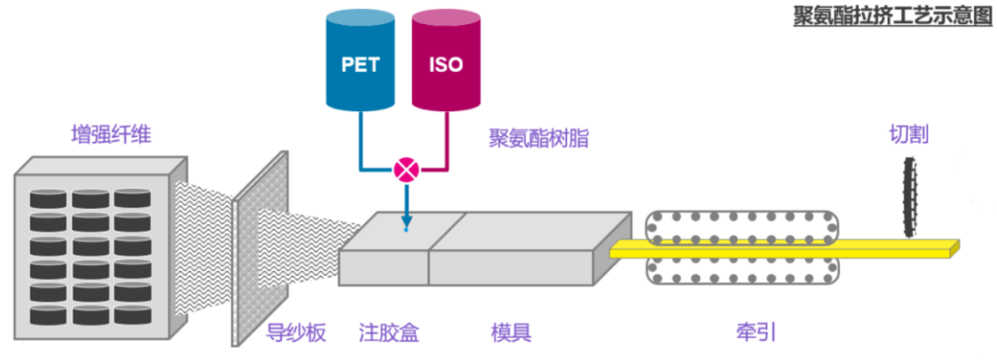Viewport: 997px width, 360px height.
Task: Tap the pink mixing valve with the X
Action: click(x=406, y=170)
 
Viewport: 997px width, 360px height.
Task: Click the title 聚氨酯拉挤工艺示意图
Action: click(x=892, y=16)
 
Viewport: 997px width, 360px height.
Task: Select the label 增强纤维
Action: click(x=111, y=135)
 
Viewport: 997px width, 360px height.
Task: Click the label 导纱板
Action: click(x=296, y=333)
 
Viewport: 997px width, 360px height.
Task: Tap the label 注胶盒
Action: click(x=389, y=333)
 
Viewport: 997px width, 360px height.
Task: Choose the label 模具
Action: click(x=511, y=333)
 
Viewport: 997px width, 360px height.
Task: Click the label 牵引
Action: click(x=755, y=333)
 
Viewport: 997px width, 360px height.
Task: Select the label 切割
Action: click(x=909, y=135)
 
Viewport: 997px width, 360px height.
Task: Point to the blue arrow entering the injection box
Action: click(x=406, y=206)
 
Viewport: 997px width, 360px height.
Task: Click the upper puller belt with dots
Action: click(x=742, y=226)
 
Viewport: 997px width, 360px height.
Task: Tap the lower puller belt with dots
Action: click(x=742, y=271)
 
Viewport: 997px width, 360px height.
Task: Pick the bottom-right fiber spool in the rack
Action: click(x=133, y=314)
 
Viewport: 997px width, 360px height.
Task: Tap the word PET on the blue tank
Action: click(x=361, y=65)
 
